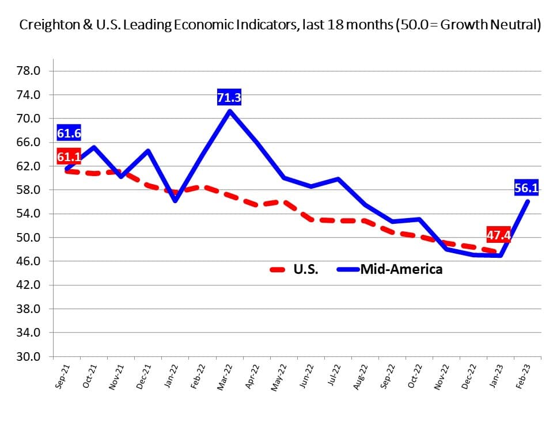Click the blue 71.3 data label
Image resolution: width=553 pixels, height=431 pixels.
(x=229, y=98)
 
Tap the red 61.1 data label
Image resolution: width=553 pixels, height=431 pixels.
(x=69, y=157)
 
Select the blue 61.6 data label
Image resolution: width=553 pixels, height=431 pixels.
(x=69, y=134)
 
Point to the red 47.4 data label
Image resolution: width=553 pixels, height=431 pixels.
(x=499, y=234)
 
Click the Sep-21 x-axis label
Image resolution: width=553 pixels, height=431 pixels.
(x=62, y=378)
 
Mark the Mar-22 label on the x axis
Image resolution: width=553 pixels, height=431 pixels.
(x=225, y=378)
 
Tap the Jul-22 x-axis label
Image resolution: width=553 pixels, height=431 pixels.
(x=334, y=378)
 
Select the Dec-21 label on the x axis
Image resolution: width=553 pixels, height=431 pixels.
(x=143, y=378)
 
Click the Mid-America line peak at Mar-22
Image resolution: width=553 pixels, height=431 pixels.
(x=230, y=110)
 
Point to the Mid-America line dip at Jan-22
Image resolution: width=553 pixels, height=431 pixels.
(x=175, y=201)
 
